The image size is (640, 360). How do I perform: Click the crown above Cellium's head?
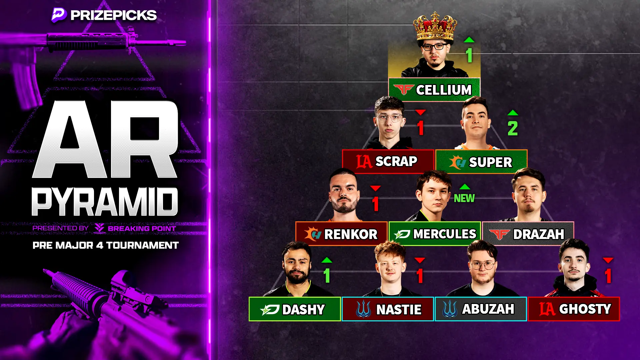(x=435, y=27)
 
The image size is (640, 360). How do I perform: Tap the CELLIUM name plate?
(x=434, y=89)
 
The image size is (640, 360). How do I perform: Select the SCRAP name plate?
(x=388, y=162)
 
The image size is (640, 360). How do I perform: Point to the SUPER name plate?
(x=481, y=162)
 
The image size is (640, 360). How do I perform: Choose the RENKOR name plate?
(x=341, y=234)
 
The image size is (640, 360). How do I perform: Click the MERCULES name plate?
(x=435, y=234)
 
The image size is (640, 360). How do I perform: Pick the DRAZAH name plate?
(x=528, y=234)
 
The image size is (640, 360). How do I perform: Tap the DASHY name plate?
(x=295, y=309)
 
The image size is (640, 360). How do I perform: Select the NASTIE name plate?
(x=388, y=309)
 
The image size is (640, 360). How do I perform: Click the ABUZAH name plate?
(x=481, y=309)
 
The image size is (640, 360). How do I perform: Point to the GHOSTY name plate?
(x=574, y=309)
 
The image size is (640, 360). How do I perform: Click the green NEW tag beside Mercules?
(x=464, y=198)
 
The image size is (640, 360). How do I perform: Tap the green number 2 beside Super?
(x=513, y=128)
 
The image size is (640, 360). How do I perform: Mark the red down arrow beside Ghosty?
(x=608, y=260)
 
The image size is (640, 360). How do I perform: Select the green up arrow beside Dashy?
(x=327, y=260)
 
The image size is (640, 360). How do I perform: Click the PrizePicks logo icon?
(x=59, y=15)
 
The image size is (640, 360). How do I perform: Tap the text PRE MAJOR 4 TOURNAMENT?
(x=105, y=245)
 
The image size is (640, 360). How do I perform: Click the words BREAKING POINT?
(x=142, y=228)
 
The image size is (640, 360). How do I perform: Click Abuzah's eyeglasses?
(x=482, y=265)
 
